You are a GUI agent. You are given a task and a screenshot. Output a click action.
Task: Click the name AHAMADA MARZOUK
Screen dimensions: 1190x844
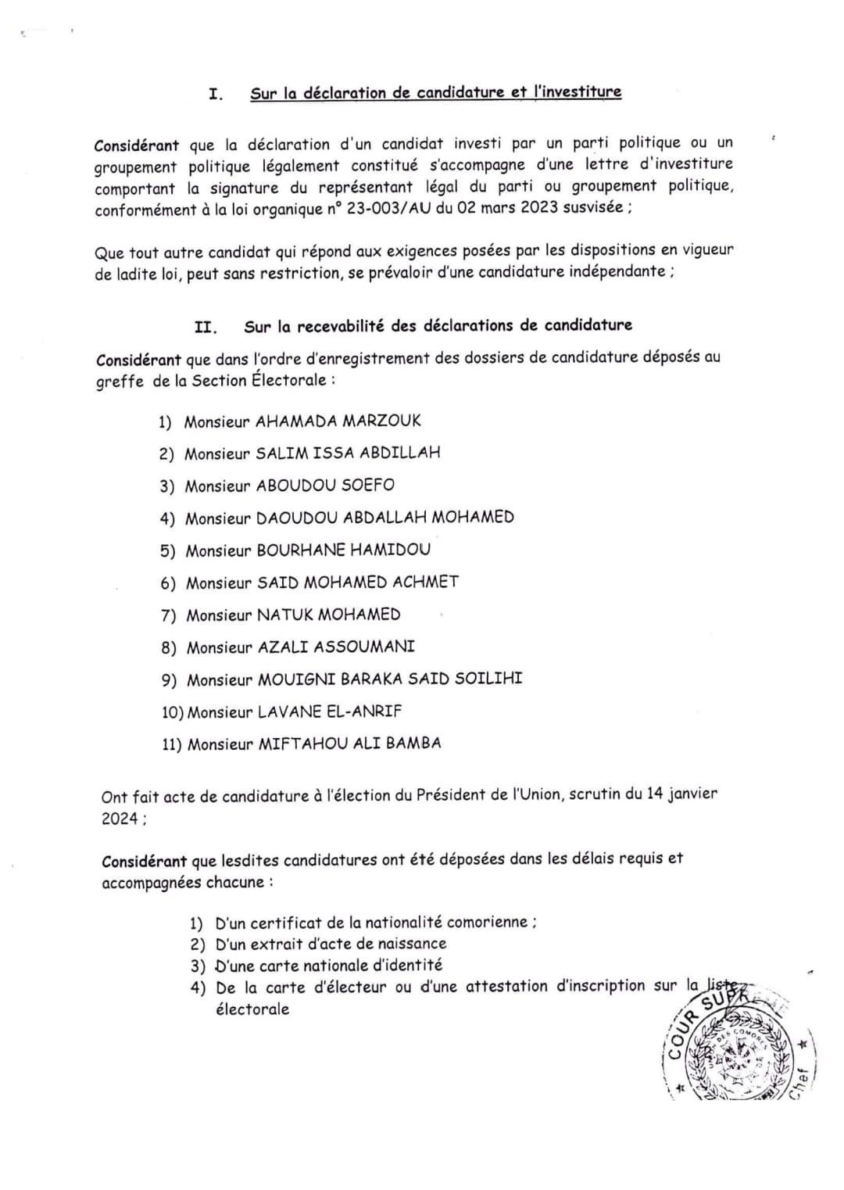pos(338,421)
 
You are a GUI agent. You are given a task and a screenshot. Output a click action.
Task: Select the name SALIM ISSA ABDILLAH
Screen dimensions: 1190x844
pos(349,453)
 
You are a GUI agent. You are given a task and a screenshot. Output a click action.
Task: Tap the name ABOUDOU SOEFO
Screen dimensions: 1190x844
pos(325,486)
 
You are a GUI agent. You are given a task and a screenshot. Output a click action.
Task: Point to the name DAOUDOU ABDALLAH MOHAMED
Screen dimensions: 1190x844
pos(385,518)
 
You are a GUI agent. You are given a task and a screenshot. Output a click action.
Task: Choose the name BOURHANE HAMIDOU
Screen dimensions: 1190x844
pos(344,550)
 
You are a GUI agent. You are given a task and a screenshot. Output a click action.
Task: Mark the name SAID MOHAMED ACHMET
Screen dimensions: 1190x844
pos(358,582)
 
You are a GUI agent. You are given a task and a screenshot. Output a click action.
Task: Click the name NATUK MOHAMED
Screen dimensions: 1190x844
pos(329,615)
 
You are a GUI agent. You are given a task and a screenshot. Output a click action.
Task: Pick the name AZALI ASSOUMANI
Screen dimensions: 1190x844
pos(336,647)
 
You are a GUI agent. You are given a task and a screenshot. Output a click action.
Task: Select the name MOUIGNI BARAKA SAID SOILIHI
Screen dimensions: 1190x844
pos(390,679)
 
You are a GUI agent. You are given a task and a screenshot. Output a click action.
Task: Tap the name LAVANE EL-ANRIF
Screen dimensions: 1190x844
pos(330,711)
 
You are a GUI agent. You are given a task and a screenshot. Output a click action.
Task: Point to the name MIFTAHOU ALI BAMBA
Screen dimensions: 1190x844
pos(349,744)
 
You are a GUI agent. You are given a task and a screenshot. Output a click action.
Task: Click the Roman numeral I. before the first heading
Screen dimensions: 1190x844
pos(216,95)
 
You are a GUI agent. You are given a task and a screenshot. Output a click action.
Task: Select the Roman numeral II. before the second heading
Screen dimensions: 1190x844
pos(206,328)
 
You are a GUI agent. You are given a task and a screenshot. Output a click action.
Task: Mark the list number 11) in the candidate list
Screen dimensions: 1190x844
pos(172,744)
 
